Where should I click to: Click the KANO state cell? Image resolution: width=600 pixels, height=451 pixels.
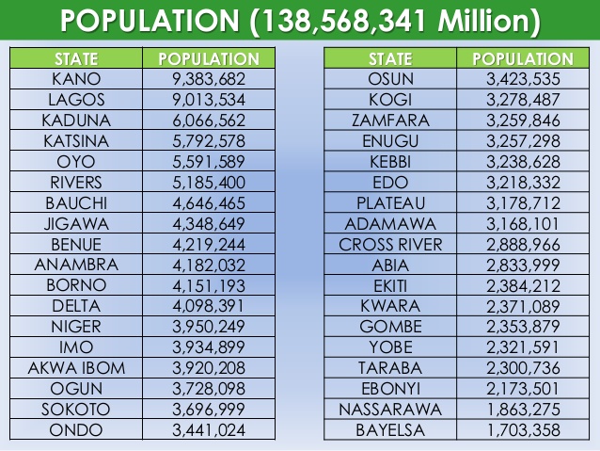click(x=76, y=79)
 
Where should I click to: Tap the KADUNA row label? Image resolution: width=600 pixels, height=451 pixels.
click(x=76, y=121)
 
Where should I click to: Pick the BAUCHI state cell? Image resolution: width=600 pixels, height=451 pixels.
click(x=76, y=203)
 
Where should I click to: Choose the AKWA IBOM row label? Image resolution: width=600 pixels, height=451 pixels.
click(x=76, y=367)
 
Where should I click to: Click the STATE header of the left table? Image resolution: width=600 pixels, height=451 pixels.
click(x=76, y=58)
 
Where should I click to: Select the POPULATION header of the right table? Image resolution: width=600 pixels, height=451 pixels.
click(x=523, y=58)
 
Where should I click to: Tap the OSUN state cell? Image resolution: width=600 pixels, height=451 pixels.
click(x=390, y=79)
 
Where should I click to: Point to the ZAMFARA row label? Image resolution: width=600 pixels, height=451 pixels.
click(x=390, y=121)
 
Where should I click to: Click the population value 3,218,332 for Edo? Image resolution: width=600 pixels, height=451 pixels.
click(x=523, y=183)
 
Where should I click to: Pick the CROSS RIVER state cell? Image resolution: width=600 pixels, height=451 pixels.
click(x=390, y=245)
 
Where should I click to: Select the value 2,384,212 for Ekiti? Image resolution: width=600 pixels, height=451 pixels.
click(x=523, y=285)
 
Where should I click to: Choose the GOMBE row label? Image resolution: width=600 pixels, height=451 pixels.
click(x=390, y=327)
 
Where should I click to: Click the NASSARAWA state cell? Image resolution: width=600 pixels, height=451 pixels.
click(x=390, y=410)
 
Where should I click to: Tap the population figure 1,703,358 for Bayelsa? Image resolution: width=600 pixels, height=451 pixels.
click(x=523, y=430)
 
